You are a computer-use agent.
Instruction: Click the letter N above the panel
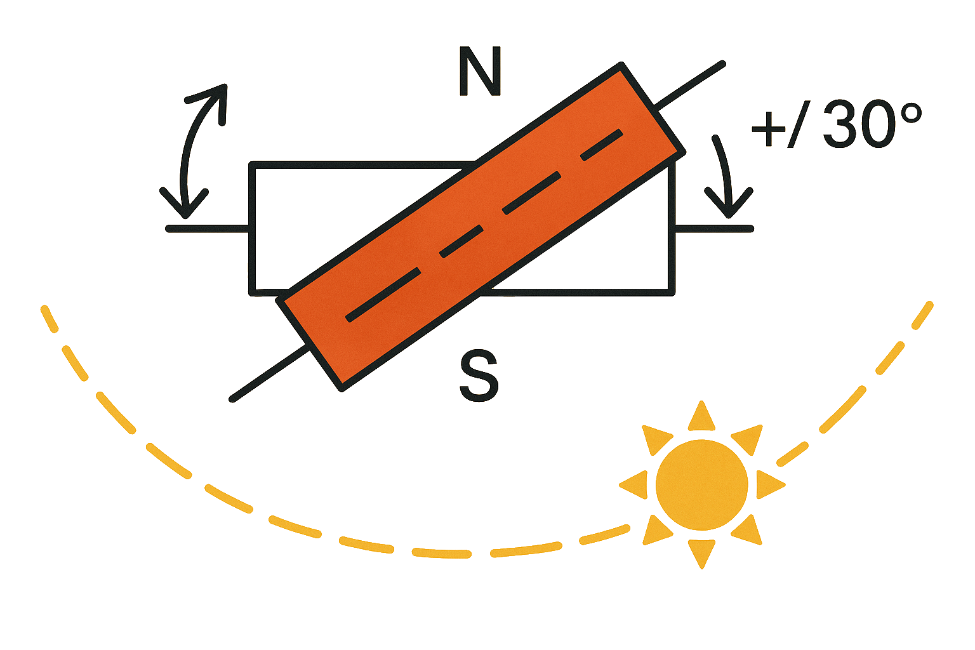pyautogui.click(x=481, y=71)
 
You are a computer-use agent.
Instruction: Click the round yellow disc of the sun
pyautogui.click(x=701, y=484)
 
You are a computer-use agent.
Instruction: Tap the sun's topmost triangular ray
pyautogui.click(x=701, y=417)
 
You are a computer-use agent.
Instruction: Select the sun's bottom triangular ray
pyautogui.click(x=701, y=552)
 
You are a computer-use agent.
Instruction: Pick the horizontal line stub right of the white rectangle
pyautogui.click(x=713, y=228)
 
